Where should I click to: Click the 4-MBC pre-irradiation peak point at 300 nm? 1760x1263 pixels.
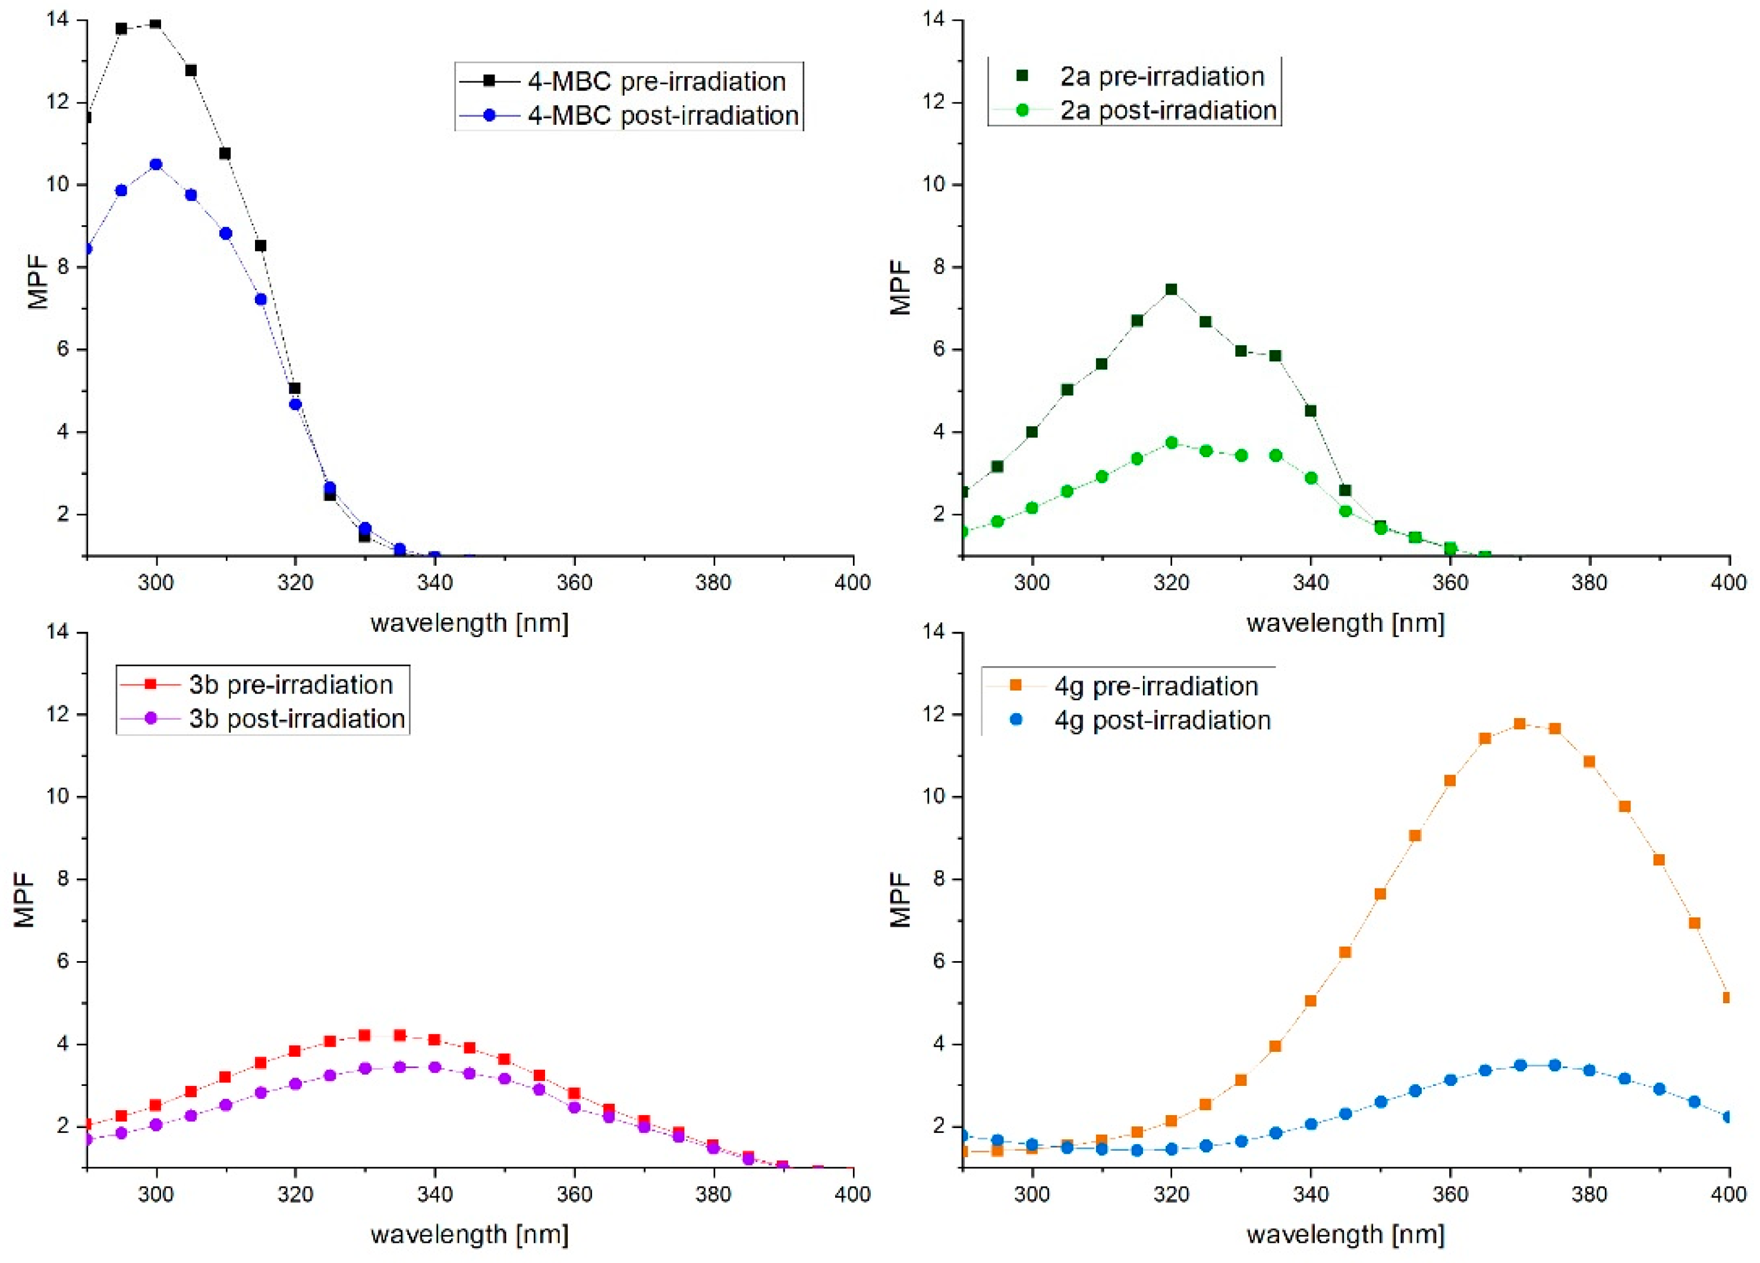(x=155, y=24)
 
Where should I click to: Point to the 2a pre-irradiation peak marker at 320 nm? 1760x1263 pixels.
(x=1171, y=289)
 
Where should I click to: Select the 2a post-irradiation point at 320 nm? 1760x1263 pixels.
(x=1171, y=443)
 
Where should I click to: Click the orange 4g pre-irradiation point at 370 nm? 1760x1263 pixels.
(x=1519, y=724)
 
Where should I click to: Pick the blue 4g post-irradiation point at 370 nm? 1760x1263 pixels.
(x=1520, y=1065)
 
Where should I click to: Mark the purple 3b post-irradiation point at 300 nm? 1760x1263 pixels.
(x=156, y=1124)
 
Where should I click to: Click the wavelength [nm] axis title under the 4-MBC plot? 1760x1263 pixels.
(x=470, y=623)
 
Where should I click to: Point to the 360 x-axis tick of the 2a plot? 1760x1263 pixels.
(x=1450, y=582)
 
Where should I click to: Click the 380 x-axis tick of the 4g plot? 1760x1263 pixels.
(x=1588, y=1194)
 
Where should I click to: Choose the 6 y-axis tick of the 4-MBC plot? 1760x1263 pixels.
(x=63, y=349)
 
